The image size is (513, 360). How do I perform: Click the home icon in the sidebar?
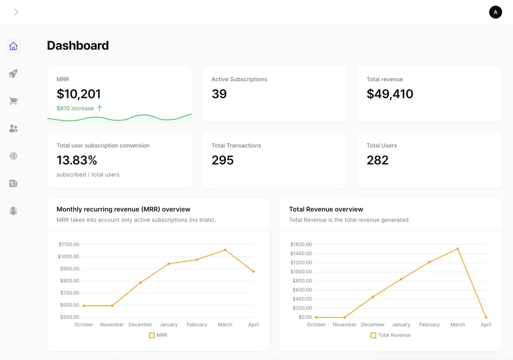14,46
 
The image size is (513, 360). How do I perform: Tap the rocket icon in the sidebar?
14,74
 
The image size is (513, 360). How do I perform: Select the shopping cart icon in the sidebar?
14,101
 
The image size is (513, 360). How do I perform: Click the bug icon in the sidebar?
14,211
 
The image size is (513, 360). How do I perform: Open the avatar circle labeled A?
495,13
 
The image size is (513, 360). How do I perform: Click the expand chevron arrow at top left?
16,13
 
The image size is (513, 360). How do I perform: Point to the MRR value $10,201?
79,94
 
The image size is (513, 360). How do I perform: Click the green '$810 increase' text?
75,108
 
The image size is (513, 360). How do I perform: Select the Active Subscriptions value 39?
219,94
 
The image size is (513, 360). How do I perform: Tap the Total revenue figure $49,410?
390,94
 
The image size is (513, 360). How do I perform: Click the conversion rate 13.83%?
77,160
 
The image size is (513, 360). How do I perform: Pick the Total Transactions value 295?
222,160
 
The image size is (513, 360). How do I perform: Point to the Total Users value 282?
377,160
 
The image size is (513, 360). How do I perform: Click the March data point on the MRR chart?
225,250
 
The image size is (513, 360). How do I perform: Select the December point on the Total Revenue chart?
373,297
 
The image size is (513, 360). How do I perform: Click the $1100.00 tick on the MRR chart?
69,244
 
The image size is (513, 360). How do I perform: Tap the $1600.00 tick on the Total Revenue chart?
301,244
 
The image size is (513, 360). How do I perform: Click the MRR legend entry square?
151,335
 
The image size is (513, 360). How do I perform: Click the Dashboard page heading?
78,46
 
